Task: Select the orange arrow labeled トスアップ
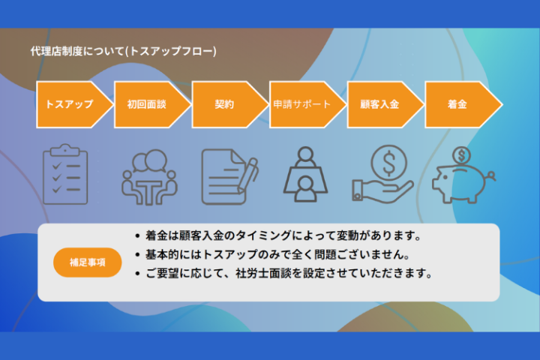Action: (70, 104)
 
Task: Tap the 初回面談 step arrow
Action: (147, 104)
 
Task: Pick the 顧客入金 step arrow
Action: (379, 104)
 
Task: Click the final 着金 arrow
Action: (457, 104)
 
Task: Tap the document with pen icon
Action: (229, 176)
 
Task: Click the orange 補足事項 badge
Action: (87, 262)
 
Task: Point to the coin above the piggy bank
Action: (461, 155)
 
